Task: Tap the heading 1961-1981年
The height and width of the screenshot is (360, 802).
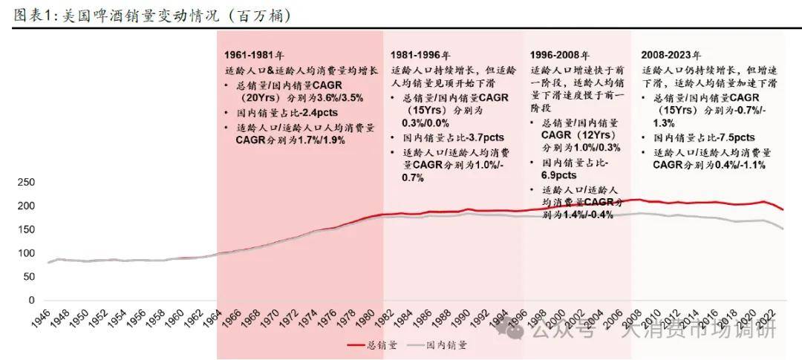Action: click(254, 55)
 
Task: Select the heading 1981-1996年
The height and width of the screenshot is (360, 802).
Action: click(420, 55)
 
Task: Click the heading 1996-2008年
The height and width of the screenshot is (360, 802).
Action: click(559, 55)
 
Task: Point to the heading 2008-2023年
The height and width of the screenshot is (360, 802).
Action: click(671, 55)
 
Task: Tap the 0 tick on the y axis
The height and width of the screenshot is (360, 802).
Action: click(31, 300)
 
